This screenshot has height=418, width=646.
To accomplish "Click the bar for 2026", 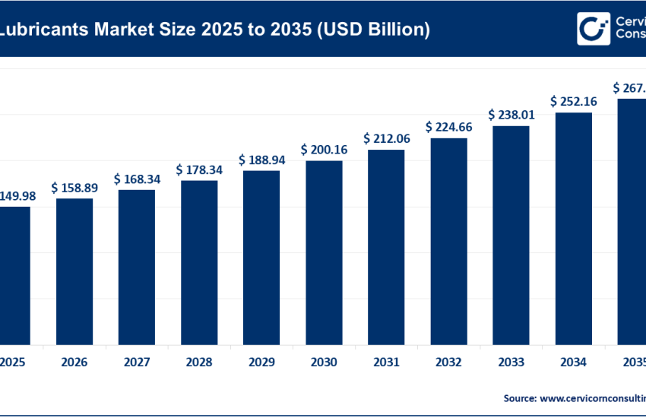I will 74,271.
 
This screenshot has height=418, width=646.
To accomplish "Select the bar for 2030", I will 324,252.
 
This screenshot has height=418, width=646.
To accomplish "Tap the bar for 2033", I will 511,235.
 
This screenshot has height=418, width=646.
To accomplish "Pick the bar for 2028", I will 199,262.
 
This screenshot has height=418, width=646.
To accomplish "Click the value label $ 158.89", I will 74,187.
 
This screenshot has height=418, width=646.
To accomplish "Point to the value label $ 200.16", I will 324,150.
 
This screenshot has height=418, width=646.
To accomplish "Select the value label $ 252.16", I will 574,101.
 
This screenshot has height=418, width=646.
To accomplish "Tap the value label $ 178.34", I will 199,169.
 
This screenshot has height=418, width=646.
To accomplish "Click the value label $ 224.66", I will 448,127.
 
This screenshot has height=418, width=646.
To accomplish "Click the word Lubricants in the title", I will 43,30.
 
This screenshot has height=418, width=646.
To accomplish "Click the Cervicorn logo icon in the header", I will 592,29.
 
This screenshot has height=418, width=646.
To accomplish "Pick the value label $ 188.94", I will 261,160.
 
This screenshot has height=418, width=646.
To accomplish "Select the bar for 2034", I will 574,229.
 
